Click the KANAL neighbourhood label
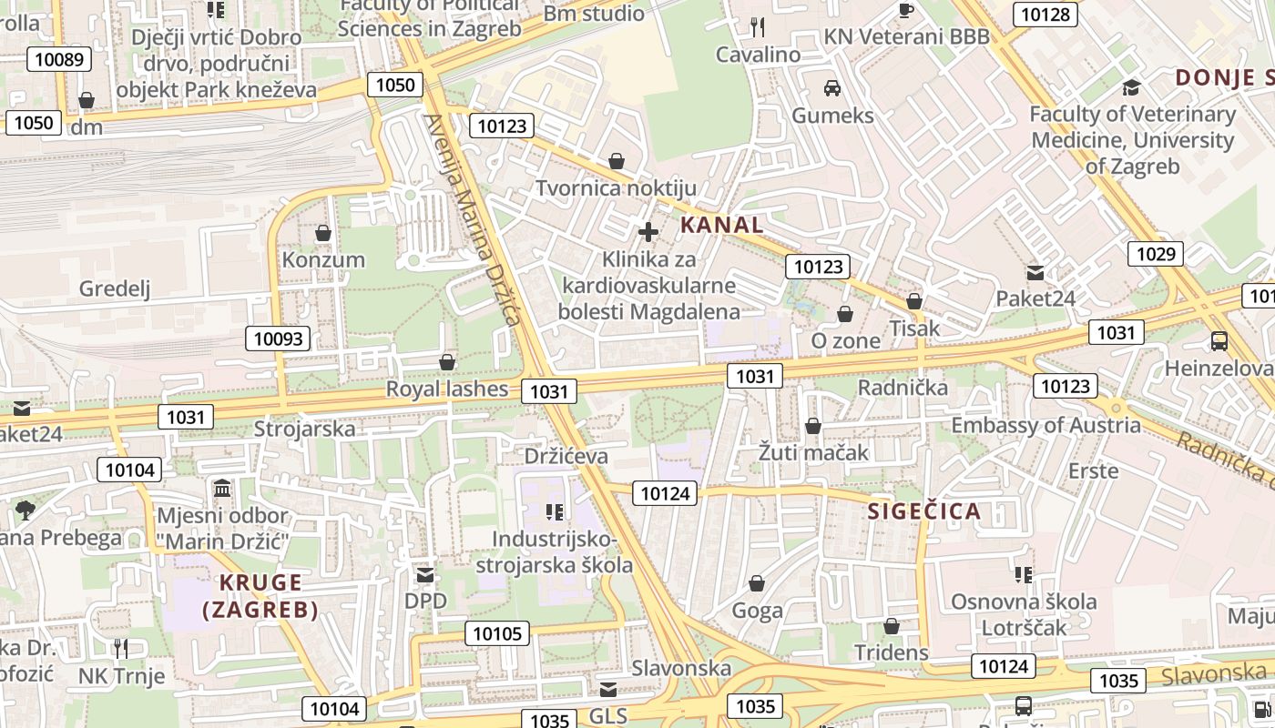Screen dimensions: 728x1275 coord(721,225)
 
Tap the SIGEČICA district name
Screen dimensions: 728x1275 coord(923,511)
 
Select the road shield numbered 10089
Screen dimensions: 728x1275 coord(59,60)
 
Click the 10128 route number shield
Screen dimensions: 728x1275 coord(1046,15)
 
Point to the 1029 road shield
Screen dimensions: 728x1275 coord(1156,254)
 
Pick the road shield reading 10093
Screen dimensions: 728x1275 coord(278,339)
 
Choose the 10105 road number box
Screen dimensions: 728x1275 coord(497,633)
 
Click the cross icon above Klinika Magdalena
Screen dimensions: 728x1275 coord(648,233)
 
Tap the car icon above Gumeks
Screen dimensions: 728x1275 coord(831,88)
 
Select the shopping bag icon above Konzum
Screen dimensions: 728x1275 coord(323,234)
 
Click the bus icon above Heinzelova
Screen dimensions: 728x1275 coord(1219,341)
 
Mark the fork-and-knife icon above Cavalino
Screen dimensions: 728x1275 coord(758,27)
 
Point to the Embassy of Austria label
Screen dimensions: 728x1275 coord(1045,425)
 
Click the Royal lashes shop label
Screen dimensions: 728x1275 coord(447,389)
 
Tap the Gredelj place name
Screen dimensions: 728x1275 coord(115,288)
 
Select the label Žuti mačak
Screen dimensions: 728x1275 coord(813,451)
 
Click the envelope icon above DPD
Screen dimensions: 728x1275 coord(425,575)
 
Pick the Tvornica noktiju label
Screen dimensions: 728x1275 coord(616,188)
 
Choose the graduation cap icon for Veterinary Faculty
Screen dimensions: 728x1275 coord(1131,87)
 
